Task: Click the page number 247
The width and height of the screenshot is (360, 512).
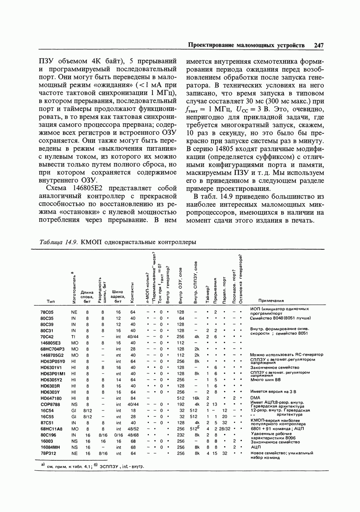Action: coord(319,46)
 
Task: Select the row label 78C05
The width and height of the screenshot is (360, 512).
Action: coord(47,312)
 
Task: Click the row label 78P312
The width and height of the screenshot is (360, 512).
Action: coord(48,453)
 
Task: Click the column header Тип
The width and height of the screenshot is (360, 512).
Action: coord(50,301)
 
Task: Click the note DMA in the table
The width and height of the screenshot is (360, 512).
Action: coord(255,398)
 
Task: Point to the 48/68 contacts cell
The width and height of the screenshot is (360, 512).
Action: coord(133,435)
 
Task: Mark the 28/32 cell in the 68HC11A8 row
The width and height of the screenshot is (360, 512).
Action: coord(225,429)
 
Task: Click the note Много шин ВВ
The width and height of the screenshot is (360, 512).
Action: coord(265,380)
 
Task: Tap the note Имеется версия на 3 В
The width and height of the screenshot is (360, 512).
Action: coord(273,392)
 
